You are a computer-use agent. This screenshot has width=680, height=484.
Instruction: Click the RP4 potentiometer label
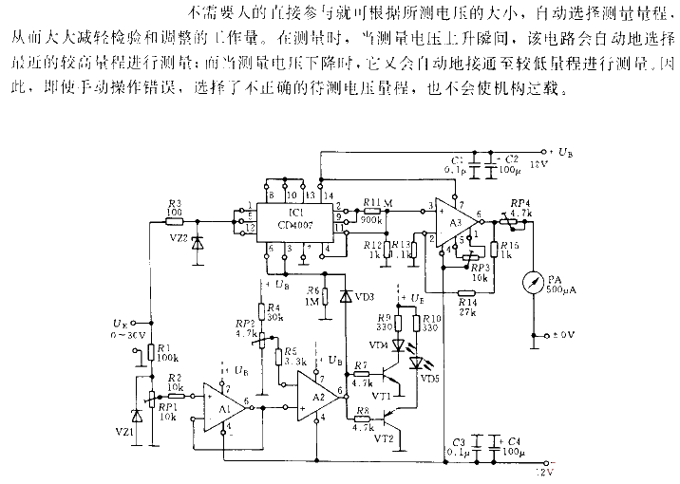tap(519, 203)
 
